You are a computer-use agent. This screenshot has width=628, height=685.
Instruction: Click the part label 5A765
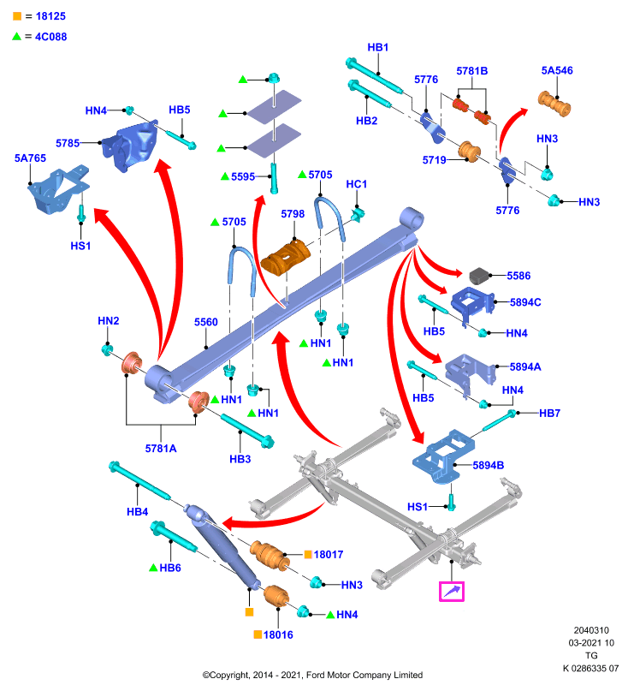[x=30, y=158]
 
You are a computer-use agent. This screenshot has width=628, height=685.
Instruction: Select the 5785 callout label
[x=68, y=143]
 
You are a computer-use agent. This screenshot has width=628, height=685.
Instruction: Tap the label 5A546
[x=557, y=70]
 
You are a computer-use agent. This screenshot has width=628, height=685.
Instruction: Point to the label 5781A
[x=161, y=448]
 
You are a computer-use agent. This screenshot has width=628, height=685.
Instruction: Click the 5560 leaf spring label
[x=206, y=322]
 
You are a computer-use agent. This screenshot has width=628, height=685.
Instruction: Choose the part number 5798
[x=293, y=213]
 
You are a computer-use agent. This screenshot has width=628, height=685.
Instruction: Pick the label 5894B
[x=489, y=465]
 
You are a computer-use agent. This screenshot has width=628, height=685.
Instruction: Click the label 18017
[x=329, y=554]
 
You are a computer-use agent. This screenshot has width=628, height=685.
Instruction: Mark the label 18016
[x=278, y=634]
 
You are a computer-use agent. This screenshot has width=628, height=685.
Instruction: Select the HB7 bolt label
[x=549, y=413]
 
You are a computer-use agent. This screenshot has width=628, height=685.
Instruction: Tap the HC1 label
[x=357, y=184]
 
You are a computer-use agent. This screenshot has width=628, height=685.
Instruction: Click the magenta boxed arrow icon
[x=452, y=592]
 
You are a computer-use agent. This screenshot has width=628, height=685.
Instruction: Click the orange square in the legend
[x=17, y=16]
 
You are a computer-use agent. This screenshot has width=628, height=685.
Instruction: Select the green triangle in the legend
[x=16, y=36]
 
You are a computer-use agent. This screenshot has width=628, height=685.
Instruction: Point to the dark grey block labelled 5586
[x=481, y=276]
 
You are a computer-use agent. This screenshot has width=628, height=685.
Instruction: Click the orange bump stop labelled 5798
[x=286, y=259]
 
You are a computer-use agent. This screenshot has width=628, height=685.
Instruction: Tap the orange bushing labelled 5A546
[x=554, y=104]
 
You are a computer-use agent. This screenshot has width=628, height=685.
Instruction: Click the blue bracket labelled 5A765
[x=58, y=190]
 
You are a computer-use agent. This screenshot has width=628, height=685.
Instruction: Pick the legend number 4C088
[x=51, y=37]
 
